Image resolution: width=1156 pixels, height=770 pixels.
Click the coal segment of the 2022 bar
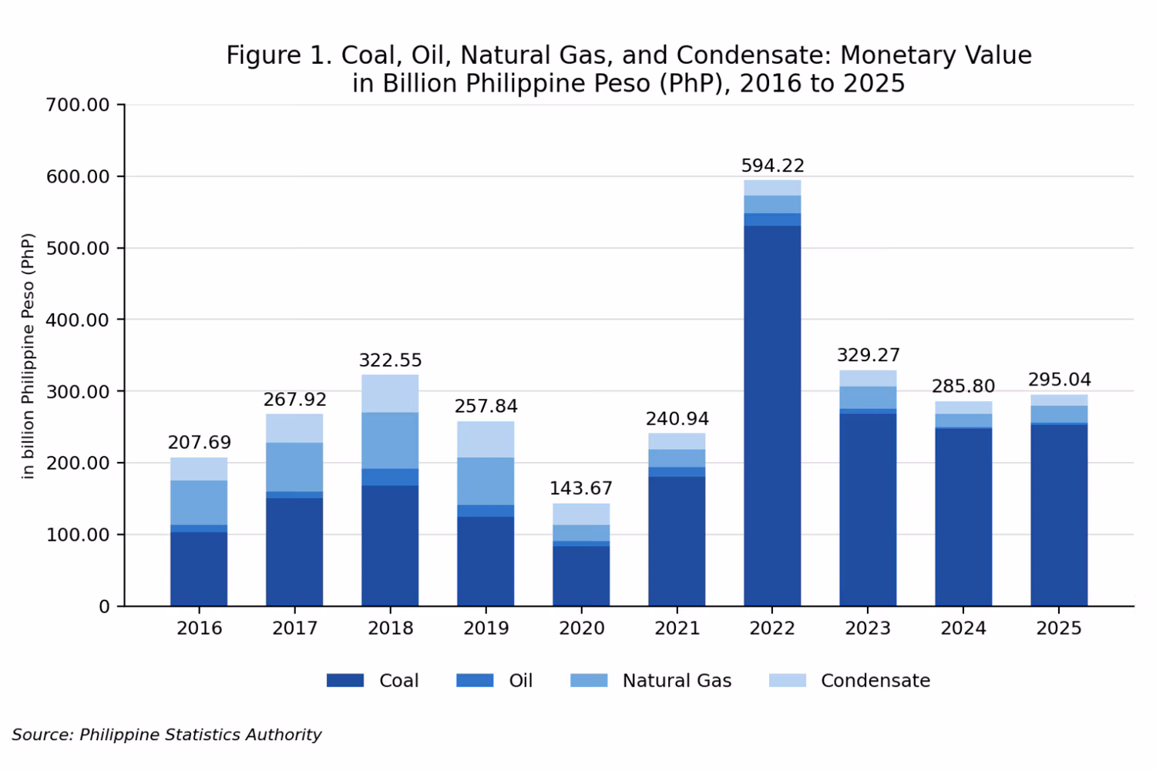tap(772, 416)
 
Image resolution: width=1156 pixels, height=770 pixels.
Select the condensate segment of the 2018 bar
tap(390, 393)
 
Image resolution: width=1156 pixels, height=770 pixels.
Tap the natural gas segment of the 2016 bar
tap(199, 503)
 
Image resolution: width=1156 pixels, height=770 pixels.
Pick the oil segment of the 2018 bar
tap(390, 477)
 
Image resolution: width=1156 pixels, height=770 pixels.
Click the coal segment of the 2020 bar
tap(581, 576)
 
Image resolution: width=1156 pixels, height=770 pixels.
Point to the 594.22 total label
tap(772, 166)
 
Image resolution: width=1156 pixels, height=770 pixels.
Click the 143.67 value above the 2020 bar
tap(580, 488)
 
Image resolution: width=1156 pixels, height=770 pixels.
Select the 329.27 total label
tap(868, 355)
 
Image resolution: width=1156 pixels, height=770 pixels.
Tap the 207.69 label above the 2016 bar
tap(199, 442)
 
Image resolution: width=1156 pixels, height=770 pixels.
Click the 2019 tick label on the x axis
tap(486, 628)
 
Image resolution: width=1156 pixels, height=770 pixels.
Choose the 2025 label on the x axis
tap(1058, 628)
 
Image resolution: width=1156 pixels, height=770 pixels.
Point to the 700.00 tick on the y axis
tap(78, 105)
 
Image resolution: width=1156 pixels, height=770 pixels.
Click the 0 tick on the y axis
tap(104, 607)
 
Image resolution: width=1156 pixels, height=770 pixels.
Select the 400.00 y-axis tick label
tap(78, 320)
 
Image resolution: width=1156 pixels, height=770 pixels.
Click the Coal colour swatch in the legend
tap(345, 680)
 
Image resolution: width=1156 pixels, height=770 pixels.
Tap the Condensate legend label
tap(875, 681)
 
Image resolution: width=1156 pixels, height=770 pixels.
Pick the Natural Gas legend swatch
tap(589, 680)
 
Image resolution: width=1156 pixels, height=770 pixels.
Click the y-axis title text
tap(28, 356)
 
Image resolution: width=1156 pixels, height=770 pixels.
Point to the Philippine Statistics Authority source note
tap(200, 735)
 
